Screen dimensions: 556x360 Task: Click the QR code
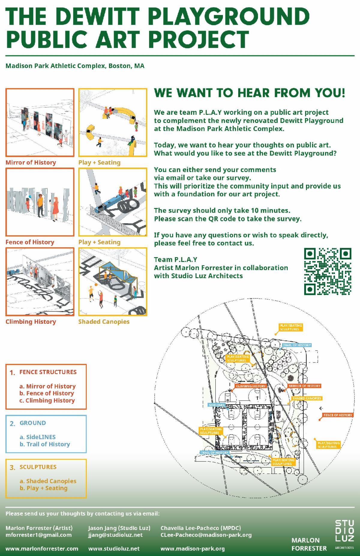click(328, 271)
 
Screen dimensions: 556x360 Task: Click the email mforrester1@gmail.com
click(39, 535)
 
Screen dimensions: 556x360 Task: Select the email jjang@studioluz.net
click(115, 535)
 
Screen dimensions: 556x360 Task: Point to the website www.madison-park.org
click(193, 549)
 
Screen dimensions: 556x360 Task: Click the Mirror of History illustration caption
click(31, 162)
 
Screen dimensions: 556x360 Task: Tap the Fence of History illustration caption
click(30, 242)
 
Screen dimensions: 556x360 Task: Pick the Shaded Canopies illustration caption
click(104, 322)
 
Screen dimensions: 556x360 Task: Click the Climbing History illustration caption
click(31, 322)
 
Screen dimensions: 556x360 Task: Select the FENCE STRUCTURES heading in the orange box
click(48, 372)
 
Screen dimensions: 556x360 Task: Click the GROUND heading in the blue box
click(33, 423)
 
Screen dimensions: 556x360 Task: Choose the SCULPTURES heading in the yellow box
click(38, 467)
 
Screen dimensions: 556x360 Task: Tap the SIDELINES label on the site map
click(217, 405)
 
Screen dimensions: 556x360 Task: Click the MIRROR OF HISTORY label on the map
click(304, 386)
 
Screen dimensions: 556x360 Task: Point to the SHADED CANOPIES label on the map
click(307, 398)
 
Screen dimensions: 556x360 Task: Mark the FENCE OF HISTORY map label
click(338, 415)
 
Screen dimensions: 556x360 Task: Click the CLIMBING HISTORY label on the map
click(251, 386)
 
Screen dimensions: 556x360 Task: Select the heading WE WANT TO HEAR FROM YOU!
click(250, 93)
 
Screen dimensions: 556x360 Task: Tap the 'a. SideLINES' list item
click(38, 437)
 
